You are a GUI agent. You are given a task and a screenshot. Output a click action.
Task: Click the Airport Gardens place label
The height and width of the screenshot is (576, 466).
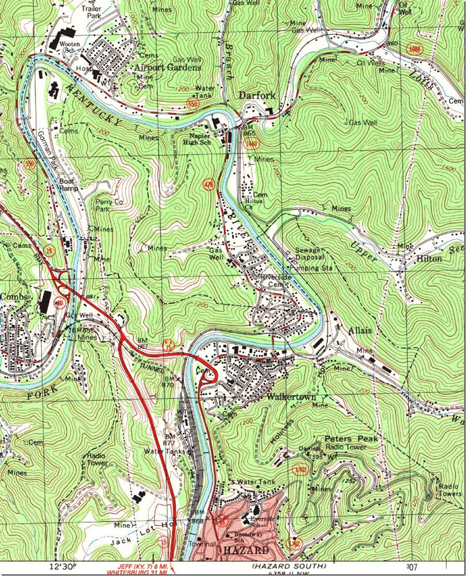point(168,67)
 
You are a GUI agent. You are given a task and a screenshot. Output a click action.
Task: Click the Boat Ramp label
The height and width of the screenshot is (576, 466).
point(68,184)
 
